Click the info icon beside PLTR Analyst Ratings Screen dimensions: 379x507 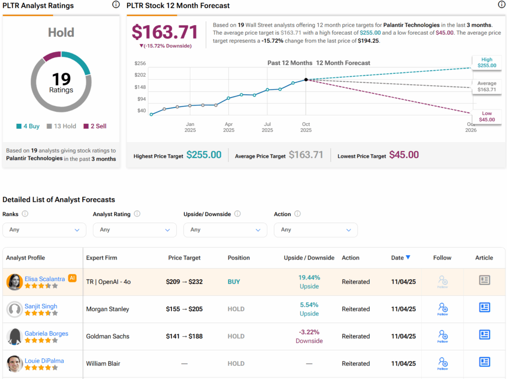(116, 5)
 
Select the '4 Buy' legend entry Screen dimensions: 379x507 (28, 126)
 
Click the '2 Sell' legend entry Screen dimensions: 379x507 (95, 126)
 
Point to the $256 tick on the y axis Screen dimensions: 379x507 (140, 63)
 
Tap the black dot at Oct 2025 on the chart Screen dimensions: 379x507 (306, 79)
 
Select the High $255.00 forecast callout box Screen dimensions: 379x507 (487, 62)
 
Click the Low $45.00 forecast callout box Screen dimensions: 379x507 (487, 116)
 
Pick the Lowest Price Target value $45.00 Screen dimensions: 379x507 (404, 155)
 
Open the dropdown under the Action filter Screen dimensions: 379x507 (315, 230)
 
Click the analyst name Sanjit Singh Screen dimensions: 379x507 (41, 306)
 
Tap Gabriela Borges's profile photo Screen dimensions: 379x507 (15, 336)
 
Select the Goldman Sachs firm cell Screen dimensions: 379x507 (107, 336)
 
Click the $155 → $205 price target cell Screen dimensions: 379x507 (184, 309)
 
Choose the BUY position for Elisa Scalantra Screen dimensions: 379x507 (234, 282)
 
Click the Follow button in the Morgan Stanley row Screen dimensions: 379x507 (443, 309)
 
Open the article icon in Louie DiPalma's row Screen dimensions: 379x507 (484, 362)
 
